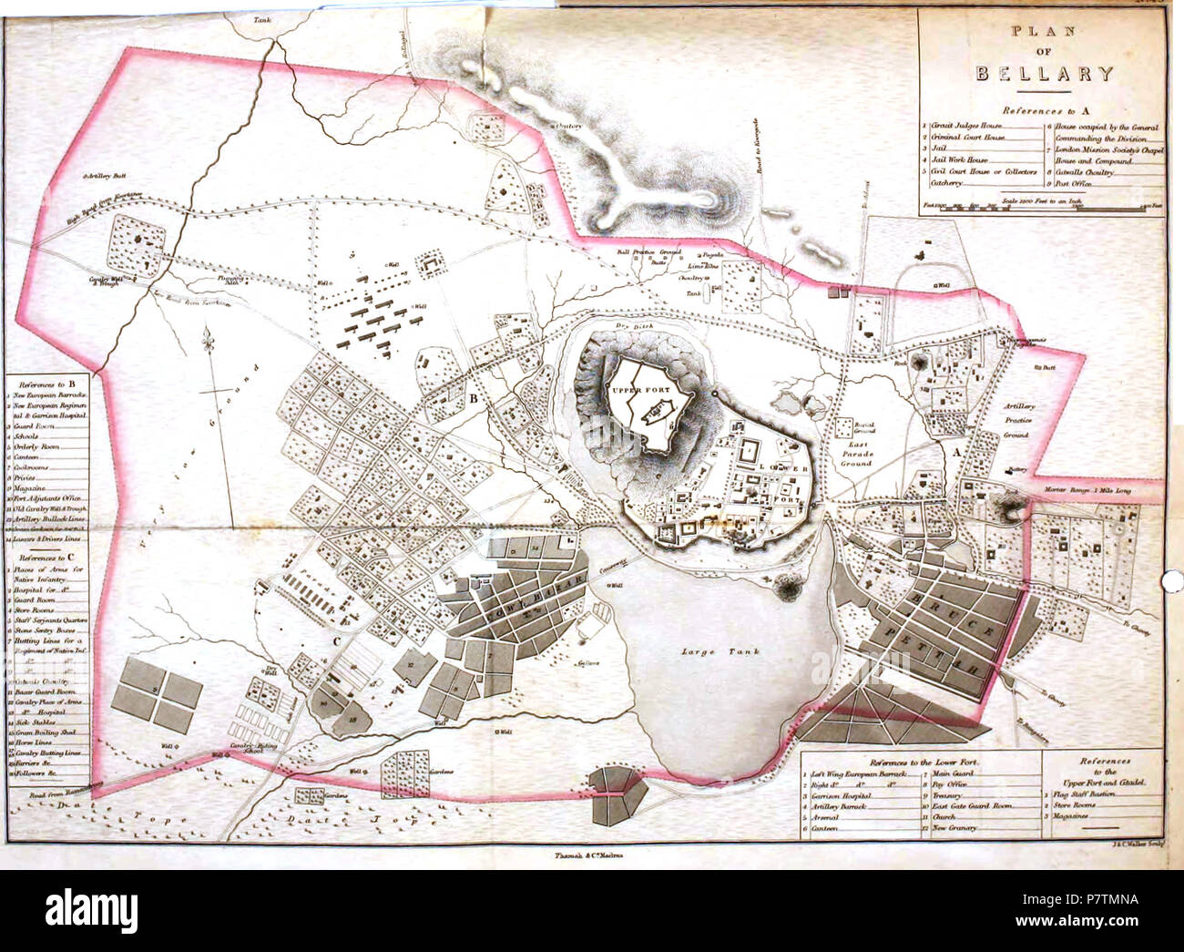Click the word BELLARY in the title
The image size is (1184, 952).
pos(1044,74)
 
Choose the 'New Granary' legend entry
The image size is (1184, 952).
pos(953,827)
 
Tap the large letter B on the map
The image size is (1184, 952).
pos(474,398)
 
